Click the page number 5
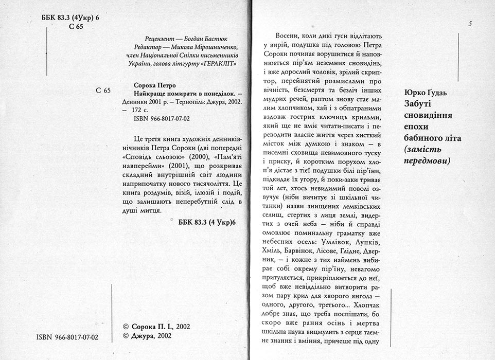click(x=471, y=24)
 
